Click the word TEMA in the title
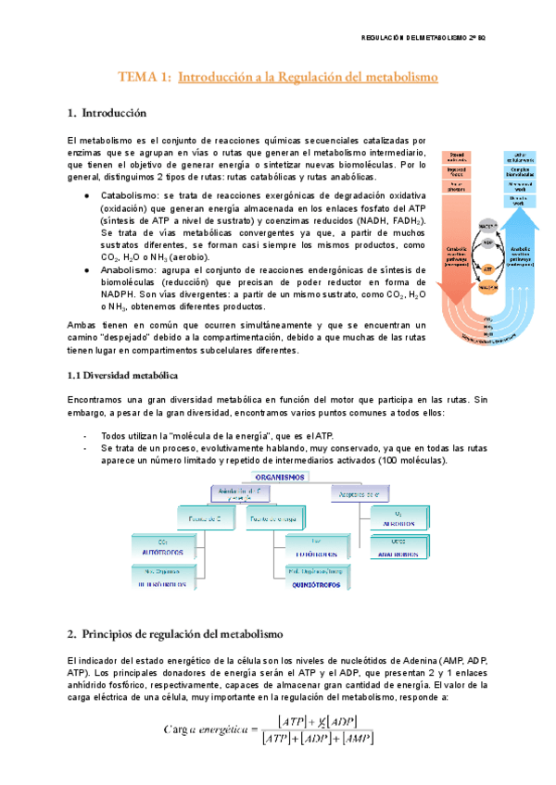[x=142, y=79]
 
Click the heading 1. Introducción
[x=107, y=114]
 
